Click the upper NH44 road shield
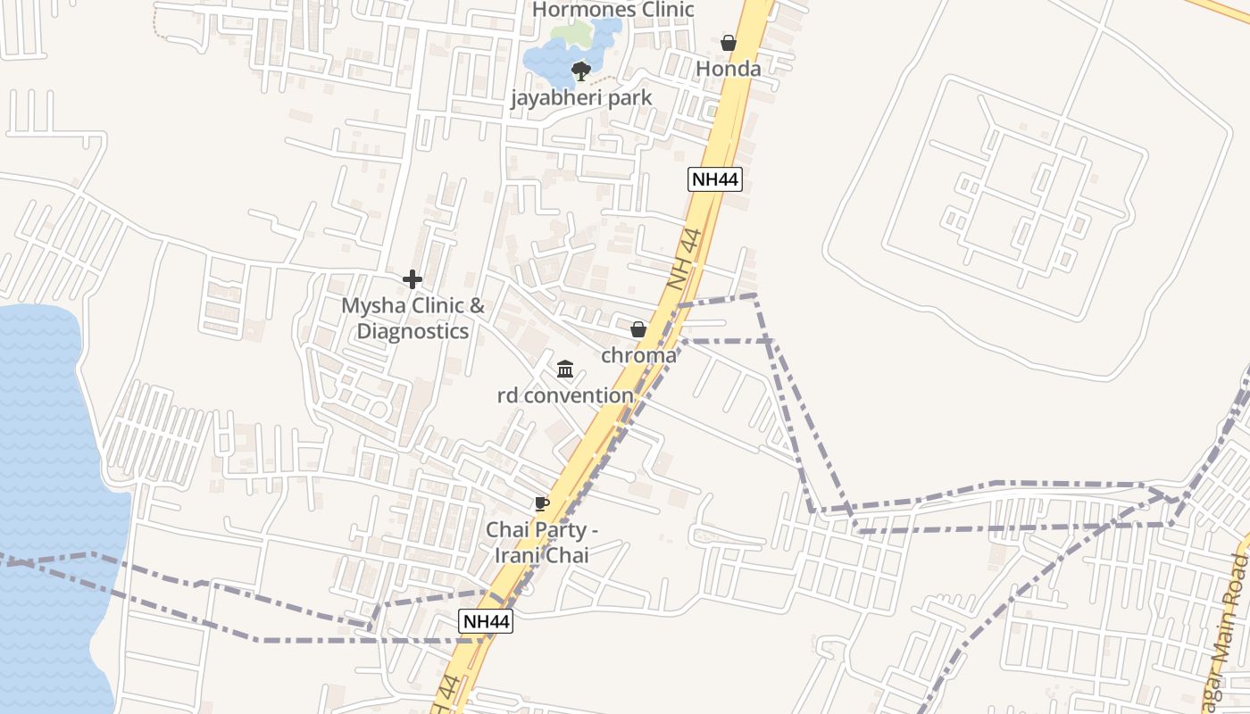tap(715, 179)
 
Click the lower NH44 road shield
tap(486, 621)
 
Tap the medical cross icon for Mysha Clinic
tap(412, 279)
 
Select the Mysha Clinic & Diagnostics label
tap(412, 319)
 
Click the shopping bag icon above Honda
tap(729, 42)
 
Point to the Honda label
tap(729, 69)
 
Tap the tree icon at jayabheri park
tap(581, 71)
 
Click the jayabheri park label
tap(581, 97)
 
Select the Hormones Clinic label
tap(612, 10)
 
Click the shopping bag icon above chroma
tap(638, 329)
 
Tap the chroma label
tap(638, 355)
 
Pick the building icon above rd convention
tap(565, 369)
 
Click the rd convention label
tap(565, 394)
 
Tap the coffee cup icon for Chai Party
tap(541, 503)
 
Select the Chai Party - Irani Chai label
tap(541, 542)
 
